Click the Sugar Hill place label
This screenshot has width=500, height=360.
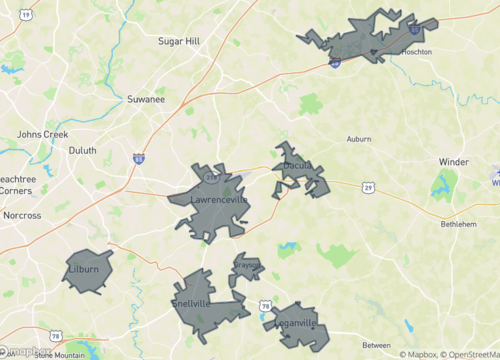click(181, 41)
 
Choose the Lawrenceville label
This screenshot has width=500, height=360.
click(219, 200)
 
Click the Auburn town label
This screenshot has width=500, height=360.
click(359, 139)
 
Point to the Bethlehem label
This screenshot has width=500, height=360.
click(461, 225)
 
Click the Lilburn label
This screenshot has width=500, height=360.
click(83, 271)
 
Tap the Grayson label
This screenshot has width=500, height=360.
click(247, 268)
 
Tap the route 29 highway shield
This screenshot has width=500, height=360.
click(369, 187)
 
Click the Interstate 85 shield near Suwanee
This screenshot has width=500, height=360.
click(138, 157)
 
